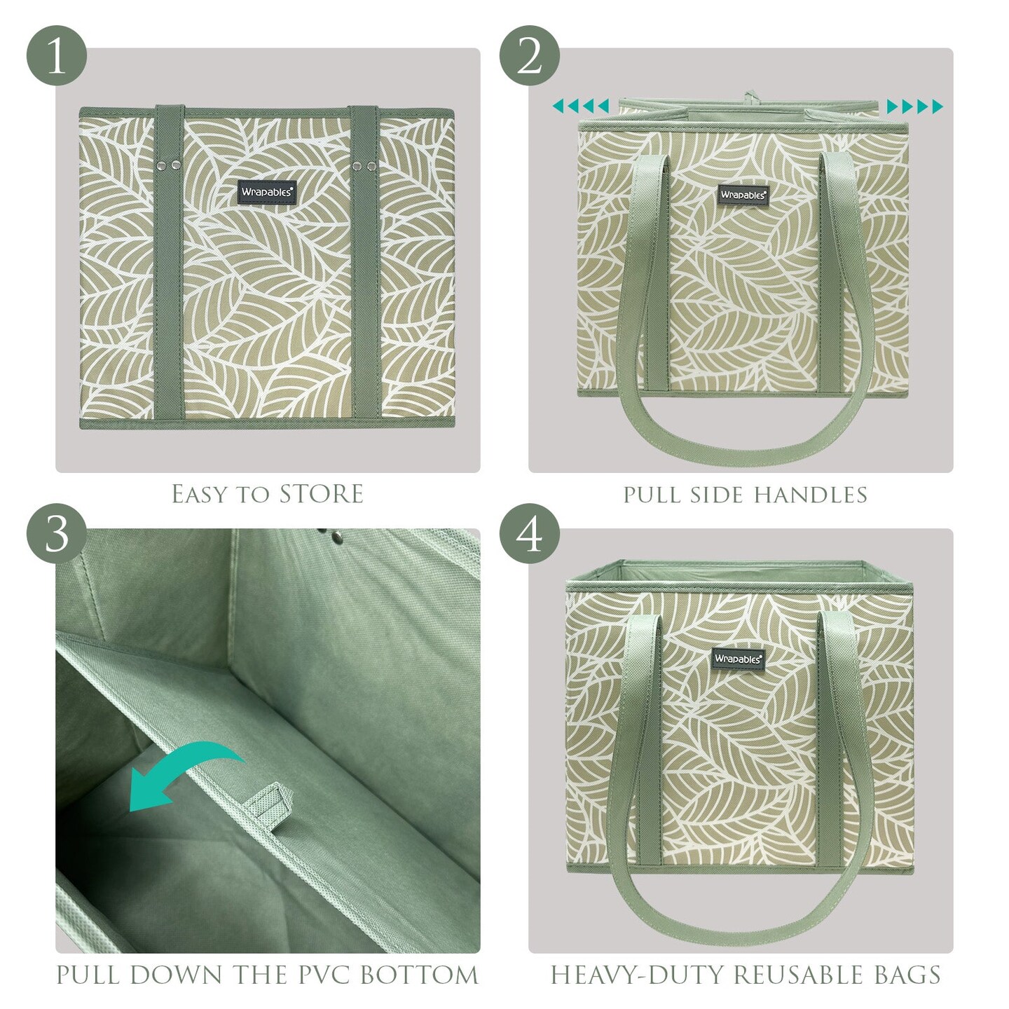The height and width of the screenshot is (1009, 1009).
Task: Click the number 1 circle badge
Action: (57, 56)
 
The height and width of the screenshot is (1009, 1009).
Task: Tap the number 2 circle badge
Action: (529, 56)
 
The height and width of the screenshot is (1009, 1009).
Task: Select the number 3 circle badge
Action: (57, 533)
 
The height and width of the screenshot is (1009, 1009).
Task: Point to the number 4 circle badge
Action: (529, 533)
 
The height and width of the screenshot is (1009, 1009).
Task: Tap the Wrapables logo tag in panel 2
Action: (743, 195)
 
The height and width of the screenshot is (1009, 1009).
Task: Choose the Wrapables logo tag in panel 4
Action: (737, 659)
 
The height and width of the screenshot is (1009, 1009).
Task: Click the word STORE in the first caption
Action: (321, 494)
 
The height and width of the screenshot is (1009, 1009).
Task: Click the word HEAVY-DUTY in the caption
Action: (638, 975)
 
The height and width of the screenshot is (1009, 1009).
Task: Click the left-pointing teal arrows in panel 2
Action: (581, 107)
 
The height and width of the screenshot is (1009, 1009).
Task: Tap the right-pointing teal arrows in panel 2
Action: (914, 107)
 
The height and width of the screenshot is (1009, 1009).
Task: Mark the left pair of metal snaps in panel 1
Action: (169, 165)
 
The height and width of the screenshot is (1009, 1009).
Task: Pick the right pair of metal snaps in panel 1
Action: (364, 166)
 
